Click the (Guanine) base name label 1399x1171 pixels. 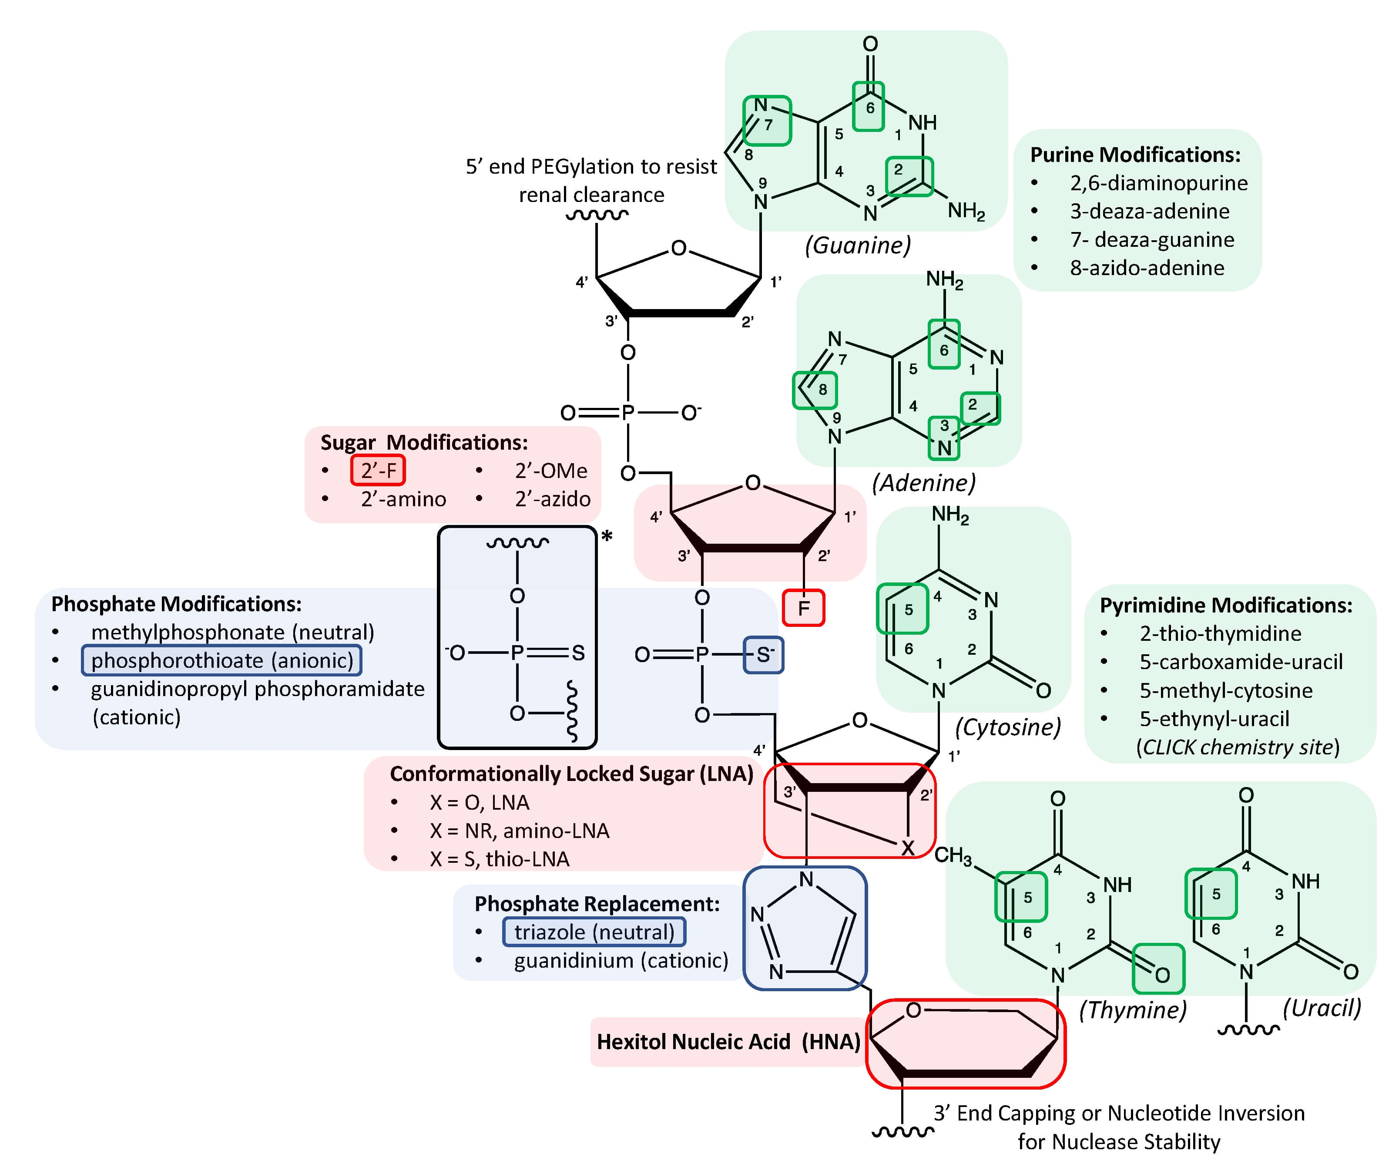pos(857,245)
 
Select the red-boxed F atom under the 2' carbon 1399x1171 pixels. pos(803,608)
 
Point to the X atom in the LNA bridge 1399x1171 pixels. pos(907,848)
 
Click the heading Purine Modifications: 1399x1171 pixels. pos(1135,155)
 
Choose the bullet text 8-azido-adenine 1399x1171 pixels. pos(1147,268)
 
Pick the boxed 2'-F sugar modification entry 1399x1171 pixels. pos(378,471)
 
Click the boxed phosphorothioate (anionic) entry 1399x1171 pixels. pos(222,660)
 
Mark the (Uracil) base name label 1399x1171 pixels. pos(1322,1008)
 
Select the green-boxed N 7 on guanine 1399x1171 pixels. pos(766,120)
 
